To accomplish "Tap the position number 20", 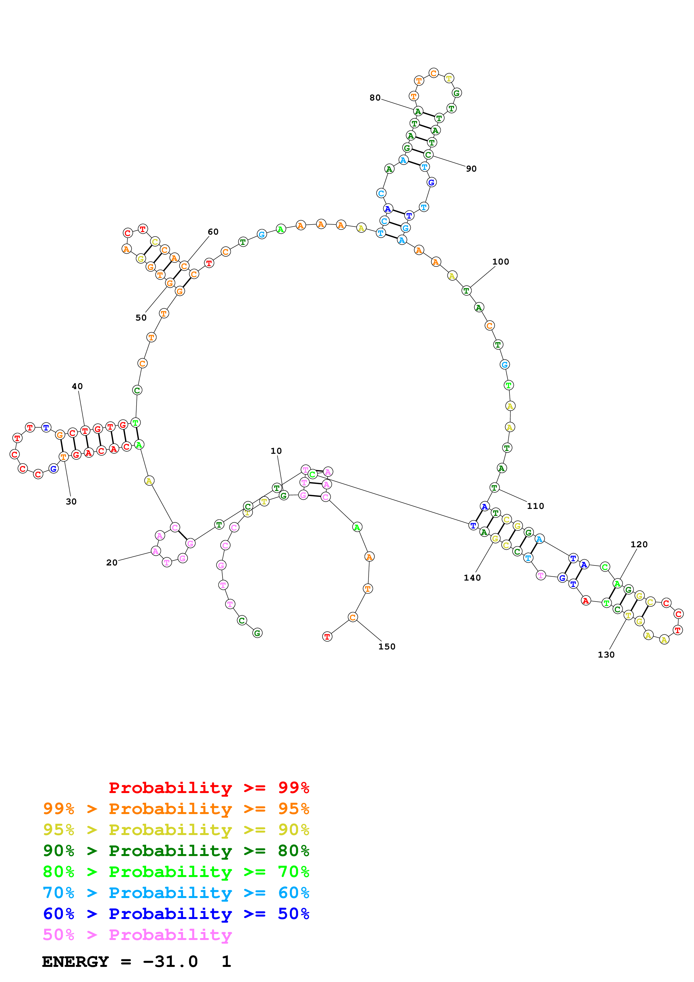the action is click(x=112, y=562).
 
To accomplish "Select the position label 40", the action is click(x=77, y=386).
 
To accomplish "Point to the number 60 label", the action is click(x=213, y=232).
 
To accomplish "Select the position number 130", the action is click(x=606, y=654).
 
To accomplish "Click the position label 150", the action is click(x=387, y=646).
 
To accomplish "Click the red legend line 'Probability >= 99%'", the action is click(x=209, y=787).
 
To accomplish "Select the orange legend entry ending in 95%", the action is click(x=176, y=808).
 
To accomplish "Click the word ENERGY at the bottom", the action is click(x=75, y=962).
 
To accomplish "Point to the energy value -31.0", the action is click(x=170, y=962).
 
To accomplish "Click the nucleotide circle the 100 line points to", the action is click(x=466, y=290).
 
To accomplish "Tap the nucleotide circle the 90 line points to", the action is click(x=428, y=155).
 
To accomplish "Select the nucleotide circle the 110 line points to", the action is click(x=494, y=488).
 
